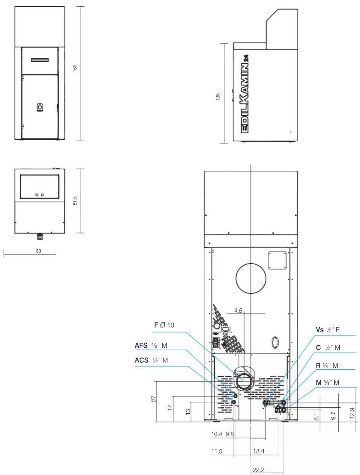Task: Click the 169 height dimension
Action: coord(75,68)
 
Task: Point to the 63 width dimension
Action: coord(38,251)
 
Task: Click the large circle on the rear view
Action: coord(236,278)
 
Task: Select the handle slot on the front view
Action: coord(40,60)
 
